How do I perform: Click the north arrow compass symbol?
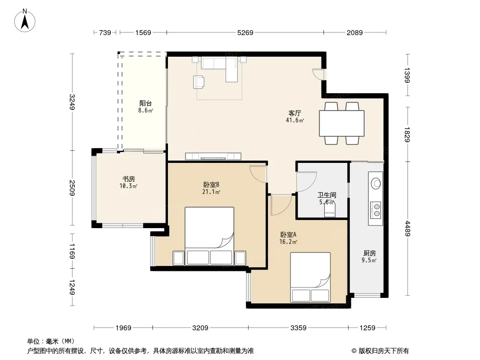tap(25, 20)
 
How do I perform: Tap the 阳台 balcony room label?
tap(145, 103)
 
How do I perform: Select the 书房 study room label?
tap(129, 179)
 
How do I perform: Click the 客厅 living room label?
tap(295, 113)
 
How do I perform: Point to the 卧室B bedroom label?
tap(211, 185)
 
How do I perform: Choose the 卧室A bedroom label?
tap(288, 234)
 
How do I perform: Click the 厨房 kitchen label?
tap(370, 253)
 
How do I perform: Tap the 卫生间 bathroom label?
tap(326, 195)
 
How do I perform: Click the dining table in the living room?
tap(342, 123)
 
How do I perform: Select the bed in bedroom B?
tap(209, 236)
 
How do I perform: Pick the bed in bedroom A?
tap(310, 277)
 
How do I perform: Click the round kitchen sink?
tap(376, 184)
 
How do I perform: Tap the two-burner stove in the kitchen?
tap(376, 210)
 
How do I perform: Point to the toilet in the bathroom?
tap(330, 211)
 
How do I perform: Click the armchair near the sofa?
tap(199, 82)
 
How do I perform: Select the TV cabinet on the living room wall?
tap(213, 156)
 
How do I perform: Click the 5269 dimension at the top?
tap(245, 32)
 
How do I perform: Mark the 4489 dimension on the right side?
tap(407, 229)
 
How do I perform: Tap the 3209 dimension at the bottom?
tap(200, 328)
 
